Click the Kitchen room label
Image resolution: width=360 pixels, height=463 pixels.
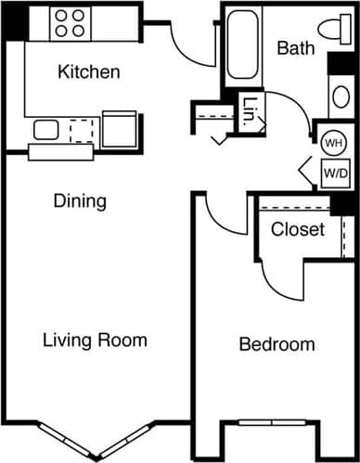(88, 71)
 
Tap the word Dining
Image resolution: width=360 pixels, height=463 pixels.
(79, 200)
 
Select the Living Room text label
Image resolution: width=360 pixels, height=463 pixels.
(95, 341)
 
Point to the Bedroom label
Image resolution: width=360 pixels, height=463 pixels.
(276, 345)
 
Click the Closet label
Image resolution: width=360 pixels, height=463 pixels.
(298, 229)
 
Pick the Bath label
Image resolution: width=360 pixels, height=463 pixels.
(295, 48)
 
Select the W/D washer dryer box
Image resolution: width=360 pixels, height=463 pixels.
(335, 172)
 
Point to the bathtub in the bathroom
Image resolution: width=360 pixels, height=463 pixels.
(242, 45)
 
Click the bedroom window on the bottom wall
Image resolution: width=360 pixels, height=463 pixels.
(277, 423)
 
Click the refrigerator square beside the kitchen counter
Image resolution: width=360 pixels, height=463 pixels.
(120, 130)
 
